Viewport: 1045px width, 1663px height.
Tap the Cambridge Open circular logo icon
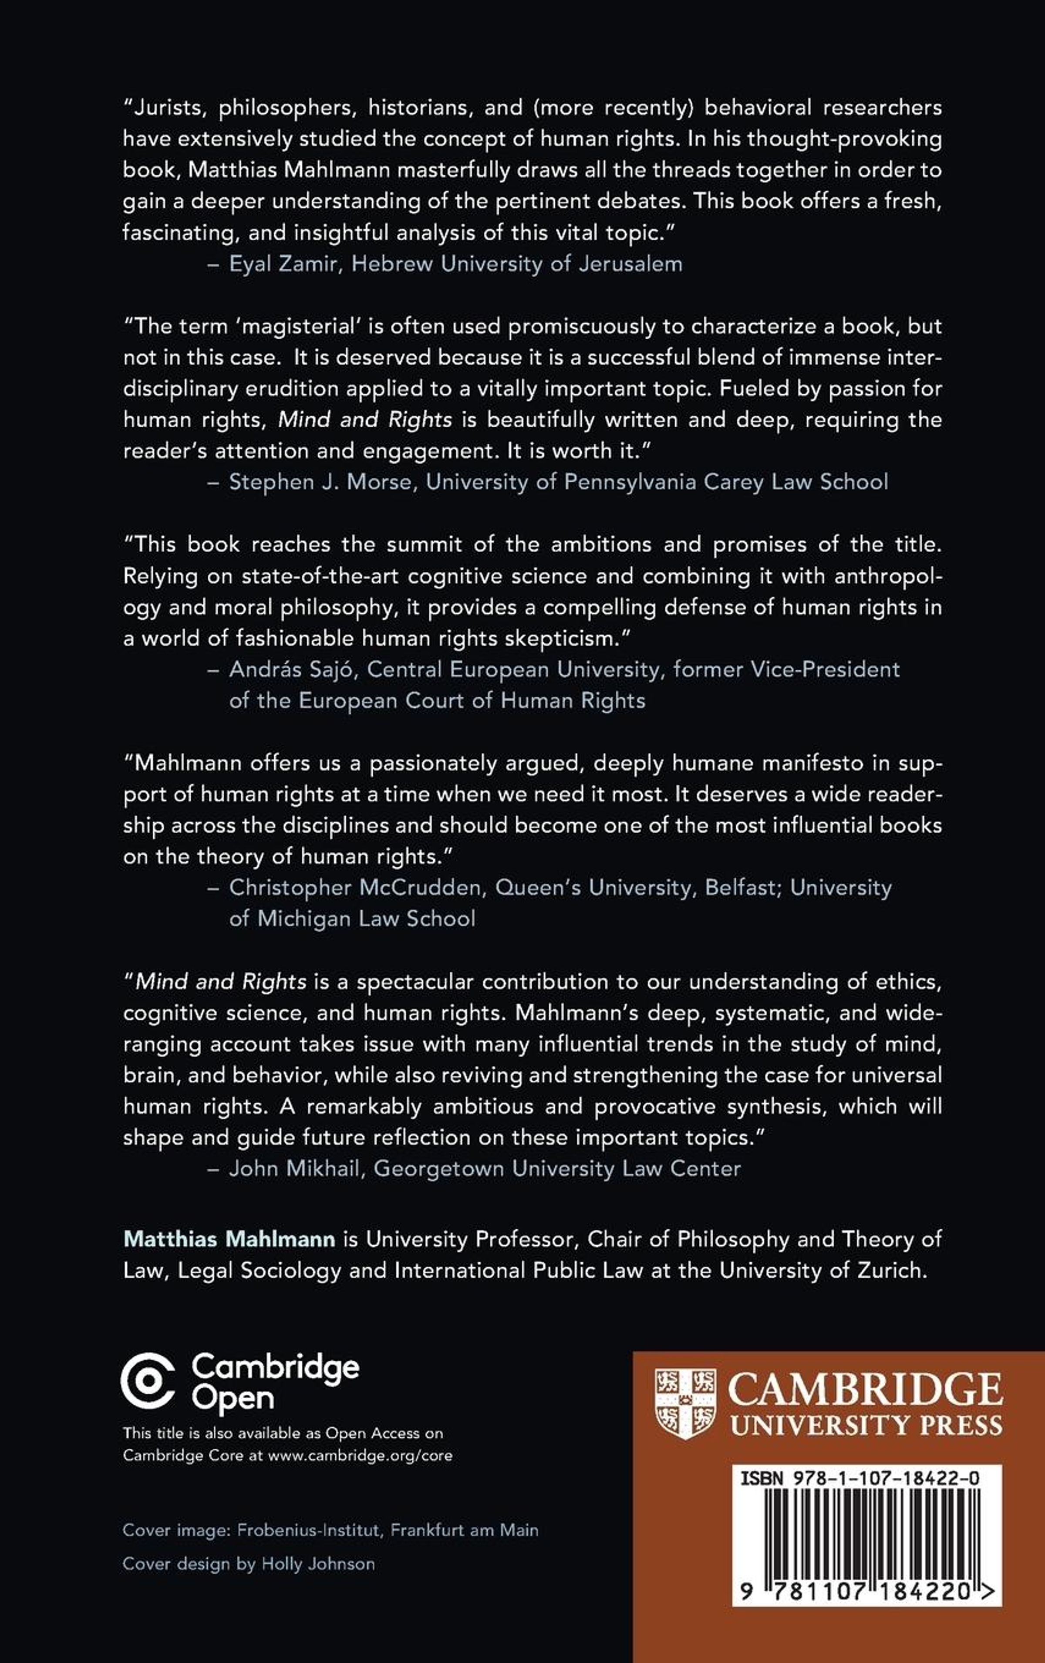[148, 1382]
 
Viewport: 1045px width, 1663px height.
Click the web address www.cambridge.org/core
[360, 1455]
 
